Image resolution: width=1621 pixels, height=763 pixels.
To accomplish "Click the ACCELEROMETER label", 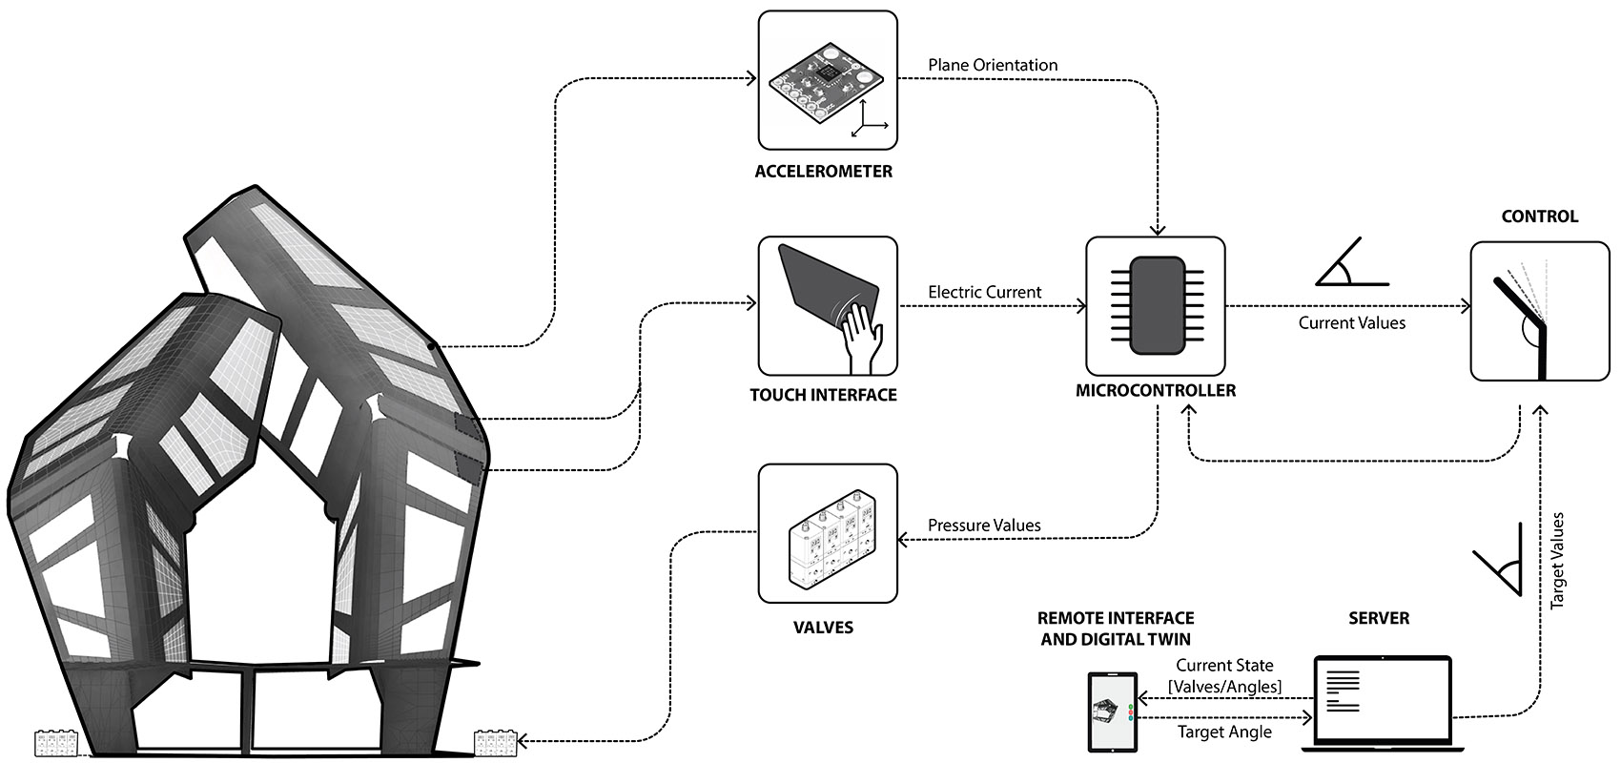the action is point(824,172).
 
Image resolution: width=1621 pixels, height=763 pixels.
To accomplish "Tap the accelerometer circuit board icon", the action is point(825,79).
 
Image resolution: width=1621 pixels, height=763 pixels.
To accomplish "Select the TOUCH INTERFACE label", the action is point(824,395).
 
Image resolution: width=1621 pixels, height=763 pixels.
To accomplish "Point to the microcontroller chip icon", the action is point(1158,305).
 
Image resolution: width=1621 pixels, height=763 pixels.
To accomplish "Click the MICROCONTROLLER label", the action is point(1156,391).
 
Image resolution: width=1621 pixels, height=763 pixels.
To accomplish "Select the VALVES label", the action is point(824,628).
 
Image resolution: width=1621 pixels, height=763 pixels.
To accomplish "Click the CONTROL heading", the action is point(1540,217).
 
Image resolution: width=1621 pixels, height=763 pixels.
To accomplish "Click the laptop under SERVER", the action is point(1383,703).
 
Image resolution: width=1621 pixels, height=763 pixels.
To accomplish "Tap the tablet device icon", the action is point(1113,712).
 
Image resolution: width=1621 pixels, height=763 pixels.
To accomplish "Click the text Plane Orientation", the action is point(993,65).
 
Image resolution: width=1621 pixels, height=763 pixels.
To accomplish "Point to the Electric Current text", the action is point(985,293).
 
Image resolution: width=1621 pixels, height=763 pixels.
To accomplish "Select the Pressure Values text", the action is point(984,526).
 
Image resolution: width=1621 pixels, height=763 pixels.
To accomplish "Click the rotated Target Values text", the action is point(1557,561).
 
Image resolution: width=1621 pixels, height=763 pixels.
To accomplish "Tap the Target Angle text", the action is point(1224,732).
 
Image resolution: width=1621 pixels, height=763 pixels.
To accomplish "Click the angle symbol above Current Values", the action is point(1352,261).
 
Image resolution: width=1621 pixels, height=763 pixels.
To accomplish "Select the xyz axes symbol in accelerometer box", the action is point(870,118).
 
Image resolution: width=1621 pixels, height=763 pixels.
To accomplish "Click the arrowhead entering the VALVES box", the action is point(902,539).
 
